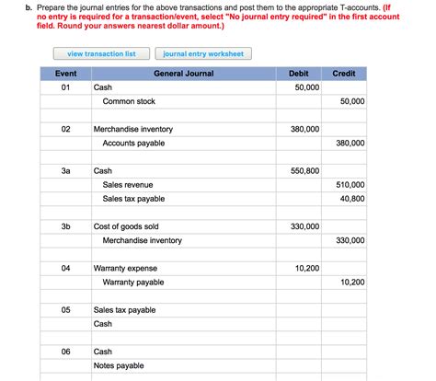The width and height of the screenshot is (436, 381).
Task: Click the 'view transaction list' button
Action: (101, 53)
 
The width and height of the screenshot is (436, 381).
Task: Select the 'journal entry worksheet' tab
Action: (203, 53)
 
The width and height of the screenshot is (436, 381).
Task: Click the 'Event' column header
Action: (65, 73)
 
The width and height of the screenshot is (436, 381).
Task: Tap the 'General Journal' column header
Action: (183, 73)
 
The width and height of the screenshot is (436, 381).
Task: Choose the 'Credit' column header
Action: (344, 73)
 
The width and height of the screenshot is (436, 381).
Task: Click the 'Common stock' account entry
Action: (129, 101)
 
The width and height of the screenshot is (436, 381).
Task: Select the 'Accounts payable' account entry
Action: (133, 143)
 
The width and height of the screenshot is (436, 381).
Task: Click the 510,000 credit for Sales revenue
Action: (350, 185)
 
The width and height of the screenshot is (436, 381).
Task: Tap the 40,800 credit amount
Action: (351, 199)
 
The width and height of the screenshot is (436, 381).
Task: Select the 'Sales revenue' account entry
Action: (130, 185)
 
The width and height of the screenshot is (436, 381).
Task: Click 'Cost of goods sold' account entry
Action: (126, 226)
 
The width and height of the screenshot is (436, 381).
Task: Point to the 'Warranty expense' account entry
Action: (125, 268)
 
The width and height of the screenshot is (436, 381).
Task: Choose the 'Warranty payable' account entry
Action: (133, 282)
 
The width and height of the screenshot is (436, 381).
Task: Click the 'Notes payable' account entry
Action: (119, 365)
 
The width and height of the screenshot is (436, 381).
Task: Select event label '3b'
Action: (65, 226)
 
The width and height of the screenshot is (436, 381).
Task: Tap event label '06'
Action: (65, 352)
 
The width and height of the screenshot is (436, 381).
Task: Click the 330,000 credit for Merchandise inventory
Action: (350, 240)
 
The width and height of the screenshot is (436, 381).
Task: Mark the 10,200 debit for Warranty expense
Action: (306, 268)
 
